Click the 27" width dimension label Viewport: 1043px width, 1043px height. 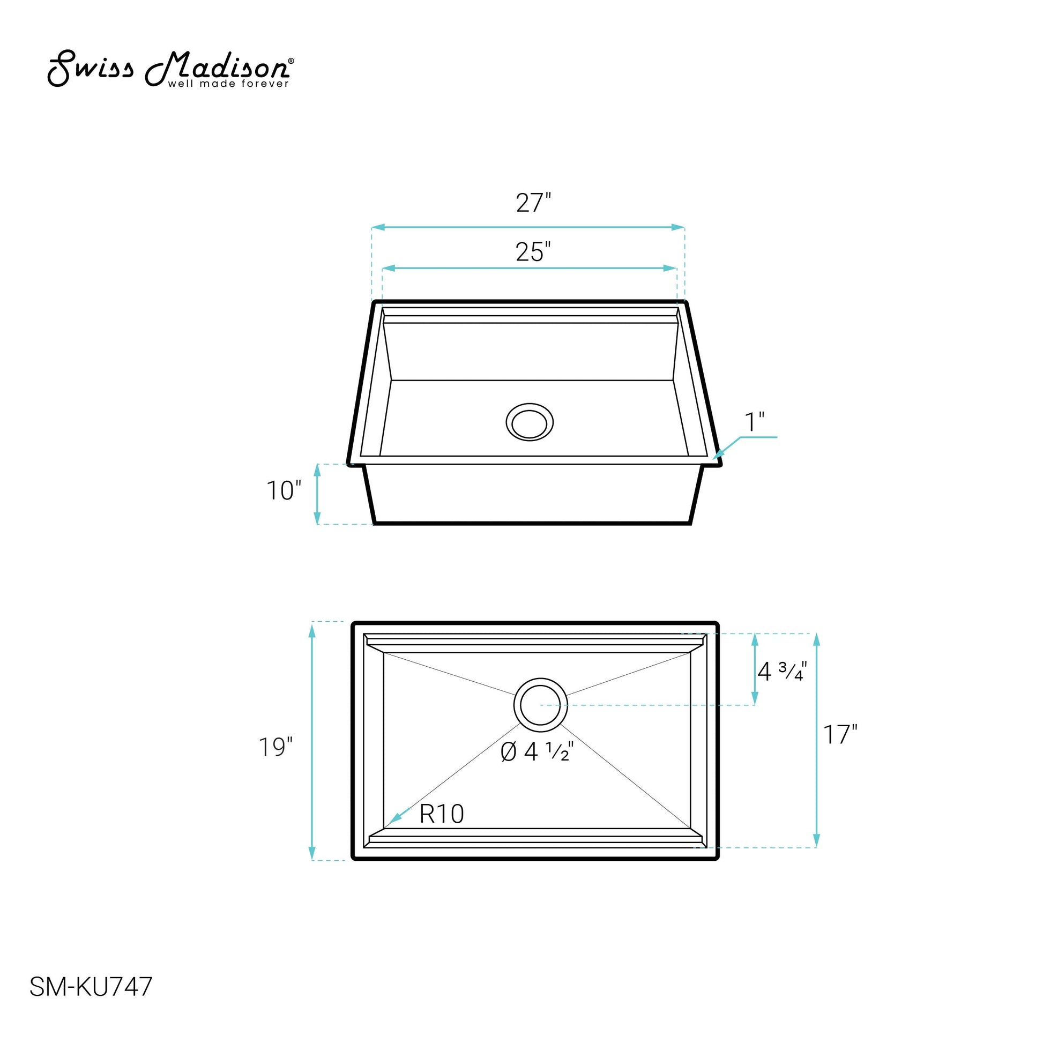tap(533, 203)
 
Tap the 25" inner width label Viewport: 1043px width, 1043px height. tap(533, 252)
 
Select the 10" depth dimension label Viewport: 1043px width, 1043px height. tap(284, 491)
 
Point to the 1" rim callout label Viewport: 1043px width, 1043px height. tap(755, 422)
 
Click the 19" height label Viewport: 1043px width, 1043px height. tap(275, 747)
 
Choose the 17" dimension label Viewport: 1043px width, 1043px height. tap(840, 735)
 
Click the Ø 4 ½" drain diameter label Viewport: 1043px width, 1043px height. tap(537, 751)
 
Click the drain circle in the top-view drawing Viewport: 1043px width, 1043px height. tap(540, 705)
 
